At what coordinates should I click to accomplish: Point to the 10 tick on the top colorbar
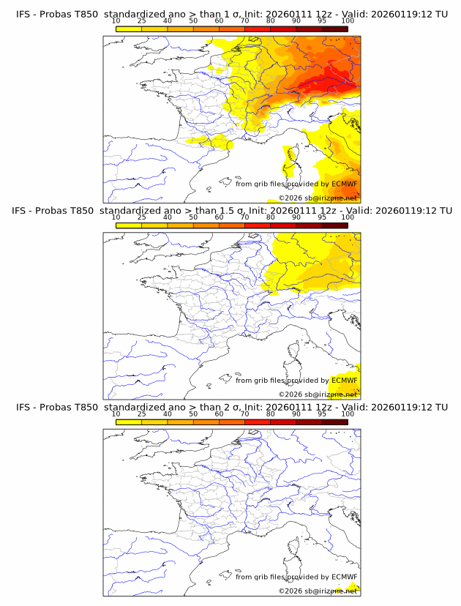pyautogui.click(x=116, y=20)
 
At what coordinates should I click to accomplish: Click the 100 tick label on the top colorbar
pyautogui.click(x=348, y=20)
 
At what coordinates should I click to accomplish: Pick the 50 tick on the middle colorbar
pyautogui.click(x=193, y=217)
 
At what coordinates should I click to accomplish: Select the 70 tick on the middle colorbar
pyautogui.click(x=244, y=217)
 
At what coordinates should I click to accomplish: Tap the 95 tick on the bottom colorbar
pyautogui.click(x=322, y=413)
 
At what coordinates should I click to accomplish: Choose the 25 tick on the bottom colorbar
pyautogui.click(x=141, y=413)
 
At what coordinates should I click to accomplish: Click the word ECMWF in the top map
pyautogui.click(x=344, y=184)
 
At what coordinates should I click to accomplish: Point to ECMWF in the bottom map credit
pyautogui.click(x=344, y=576)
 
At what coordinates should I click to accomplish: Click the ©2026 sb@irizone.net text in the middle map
pyautogui.click(x=318, y=394)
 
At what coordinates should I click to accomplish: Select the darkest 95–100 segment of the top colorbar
pyautogui.click(x=335, y=29)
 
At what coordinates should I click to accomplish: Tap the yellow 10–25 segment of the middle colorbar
pyautogui.click(x=129, y=225)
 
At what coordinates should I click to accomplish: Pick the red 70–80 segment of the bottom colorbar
pyautogui.click(x=258, y=421)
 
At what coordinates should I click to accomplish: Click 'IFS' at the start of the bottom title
pyautogui.click(x=24, y=407)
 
